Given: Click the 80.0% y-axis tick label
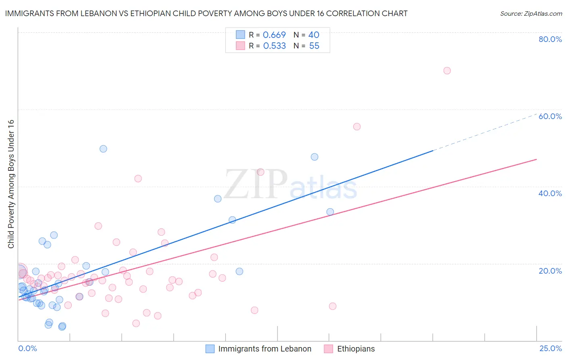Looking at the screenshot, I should click(x=550, y=39).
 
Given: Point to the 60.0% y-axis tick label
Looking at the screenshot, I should click(x=550, y=116).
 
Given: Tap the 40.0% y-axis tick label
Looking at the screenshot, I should click(x=550, y=193).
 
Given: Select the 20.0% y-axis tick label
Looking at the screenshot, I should click(x=550, y=271).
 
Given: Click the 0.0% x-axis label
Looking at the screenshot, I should click(x=27, y=348).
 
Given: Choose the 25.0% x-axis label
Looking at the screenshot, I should click(x=550, y=348).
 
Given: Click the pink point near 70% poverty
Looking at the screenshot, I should click(x=447, y=71).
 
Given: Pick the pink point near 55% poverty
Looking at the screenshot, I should click(x=356, y=127).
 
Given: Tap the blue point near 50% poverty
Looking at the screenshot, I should click(x=103, y=149).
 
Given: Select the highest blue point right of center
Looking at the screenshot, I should click(x=315, y=157).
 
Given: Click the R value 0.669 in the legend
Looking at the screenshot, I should click(x=274, y=35).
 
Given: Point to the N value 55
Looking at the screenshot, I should click(x=314, y=46).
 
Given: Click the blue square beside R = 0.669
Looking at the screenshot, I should click(x=240, y=35).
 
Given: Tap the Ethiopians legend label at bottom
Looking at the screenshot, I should click(x=356, y=349).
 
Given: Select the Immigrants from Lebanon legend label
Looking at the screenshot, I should click(x=265, y=349).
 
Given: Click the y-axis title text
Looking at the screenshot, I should click(x=11, y=184).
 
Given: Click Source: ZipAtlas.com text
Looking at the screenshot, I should click(x=531, y=14).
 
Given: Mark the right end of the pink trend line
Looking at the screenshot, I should click(x=536, y=159).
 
